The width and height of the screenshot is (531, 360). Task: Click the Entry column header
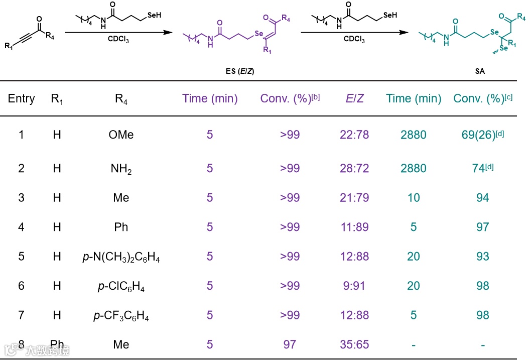(x=21, y=98)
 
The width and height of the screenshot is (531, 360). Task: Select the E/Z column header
(x=355, y=98)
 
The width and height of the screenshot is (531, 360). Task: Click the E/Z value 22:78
(x=355, y=135)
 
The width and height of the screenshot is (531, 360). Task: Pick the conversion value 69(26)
(x=477, y=135)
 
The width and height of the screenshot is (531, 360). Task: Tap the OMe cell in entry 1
(x=121, y=135)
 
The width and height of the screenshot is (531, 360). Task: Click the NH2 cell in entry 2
(x=121, y=169)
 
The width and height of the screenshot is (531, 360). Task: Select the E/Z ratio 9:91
(x=355, y=286)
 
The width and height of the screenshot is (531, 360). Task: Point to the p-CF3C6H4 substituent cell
(x=121, y=316)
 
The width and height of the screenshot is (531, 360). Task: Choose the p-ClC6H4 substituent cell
(x=121, y=286)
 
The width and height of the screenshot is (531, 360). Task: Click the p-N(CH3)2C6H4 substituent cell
(x=121, y=257)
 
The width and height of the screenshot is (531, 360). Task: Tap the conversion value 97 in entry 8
(x=290, y=344)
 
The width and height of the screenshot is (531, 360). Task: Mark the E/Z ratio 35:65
(x=355, y=344)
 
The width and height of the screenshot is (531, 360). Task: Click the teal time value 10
(x=414, y=198)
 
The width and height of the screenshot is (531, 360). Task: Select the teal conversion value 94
(x=482, y=198)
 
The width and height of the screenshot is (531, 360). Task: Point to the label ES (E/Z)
(x=240, y=71)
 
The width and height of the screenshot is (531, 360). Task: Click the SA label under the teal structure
(x=480, y=71)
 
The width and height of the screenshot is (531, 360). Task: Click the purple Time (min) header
(x=210, y=98)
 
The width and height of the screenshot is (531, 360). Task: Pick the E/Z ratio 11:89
(x=355, y=227)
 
